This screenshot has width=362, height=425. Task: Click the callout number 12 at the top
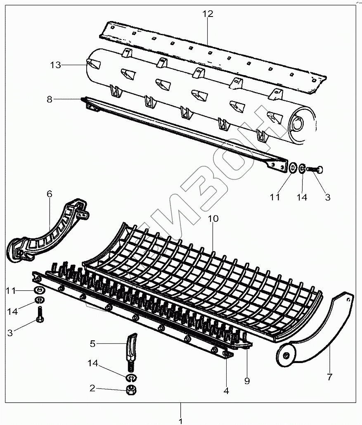208,14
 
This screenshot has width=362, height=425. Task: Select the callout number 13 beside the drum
56,65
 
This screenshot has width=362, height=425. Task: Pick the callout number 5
93,343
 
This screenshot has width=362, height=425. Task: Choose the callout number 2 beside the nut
92,388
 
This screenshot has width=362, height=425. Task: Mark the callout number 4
226,390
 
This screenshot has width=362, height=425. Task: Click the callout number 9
247,381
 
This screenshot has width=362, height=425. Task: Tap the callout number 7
329,377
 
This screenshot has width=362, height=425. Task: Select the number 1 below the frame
180,421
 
